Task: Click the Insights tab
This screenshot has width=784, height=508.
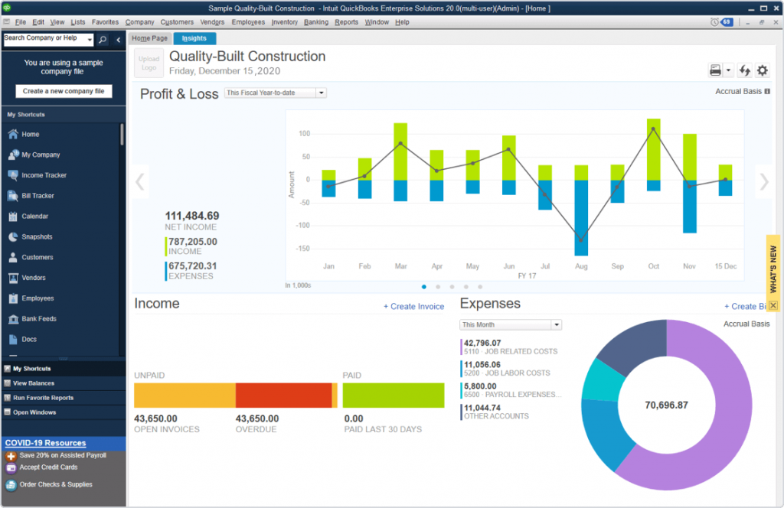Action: [194, 38]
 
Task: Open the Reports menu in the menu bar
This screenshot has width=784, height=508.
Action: [346, 22]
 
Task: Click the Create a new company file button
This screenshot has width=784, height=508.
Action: [64, 91]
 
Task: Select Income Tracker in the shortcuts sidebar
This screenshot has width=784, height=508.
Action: [44, 175]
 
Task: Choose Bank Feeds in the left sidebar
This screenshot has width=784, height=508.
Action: [39, 319]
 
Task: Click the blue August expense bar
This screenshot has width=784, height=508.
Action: [581, 217]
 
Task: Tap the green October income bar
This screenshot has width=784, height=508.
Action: [653, 149]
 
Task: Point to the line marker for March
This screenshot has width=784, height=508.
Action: [400, 143]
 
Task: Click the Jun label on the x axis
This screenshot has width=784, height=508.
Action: [508, 266]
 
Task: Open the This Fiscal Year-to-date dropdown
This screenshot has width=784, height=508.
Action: [276, 93]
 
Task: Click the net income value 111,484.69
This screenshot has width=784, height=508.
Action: [191, 216]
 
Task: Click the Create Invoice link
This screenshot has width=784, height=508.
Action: [413, 307]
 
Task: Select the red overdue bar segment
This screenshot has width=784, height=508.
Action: [283, 396]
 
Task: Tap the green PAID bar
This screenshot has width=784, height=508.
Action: [394, 396]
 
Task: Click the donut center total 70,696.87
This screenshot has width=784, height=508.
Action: [666, 405]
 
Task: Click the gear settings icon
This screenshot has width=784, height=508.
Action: [762, 70]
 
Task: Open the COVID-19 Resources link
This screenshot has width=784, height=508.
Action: [45, 443]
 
